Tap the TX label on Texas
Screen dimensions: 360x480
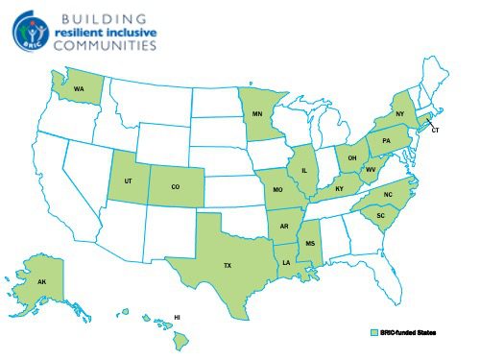point(228,264)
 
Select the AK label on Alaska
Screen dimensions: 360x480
point(41,283)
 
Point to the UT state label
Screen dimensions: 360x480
point(129,180)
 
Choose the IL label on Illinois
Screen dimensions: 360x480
point(304,170)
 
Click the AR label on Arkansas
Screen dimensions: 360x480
point(284,227)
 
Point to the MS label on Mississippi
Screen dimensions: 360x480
point(309,244)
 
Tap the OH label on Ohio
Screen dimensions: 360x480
point(352,158)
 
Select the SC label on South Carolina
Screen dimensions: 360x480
point(380,216)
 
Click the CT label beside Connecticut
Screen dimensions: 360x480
point(435,129)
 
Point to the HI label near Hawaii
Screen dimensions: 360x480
point(177,316)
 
